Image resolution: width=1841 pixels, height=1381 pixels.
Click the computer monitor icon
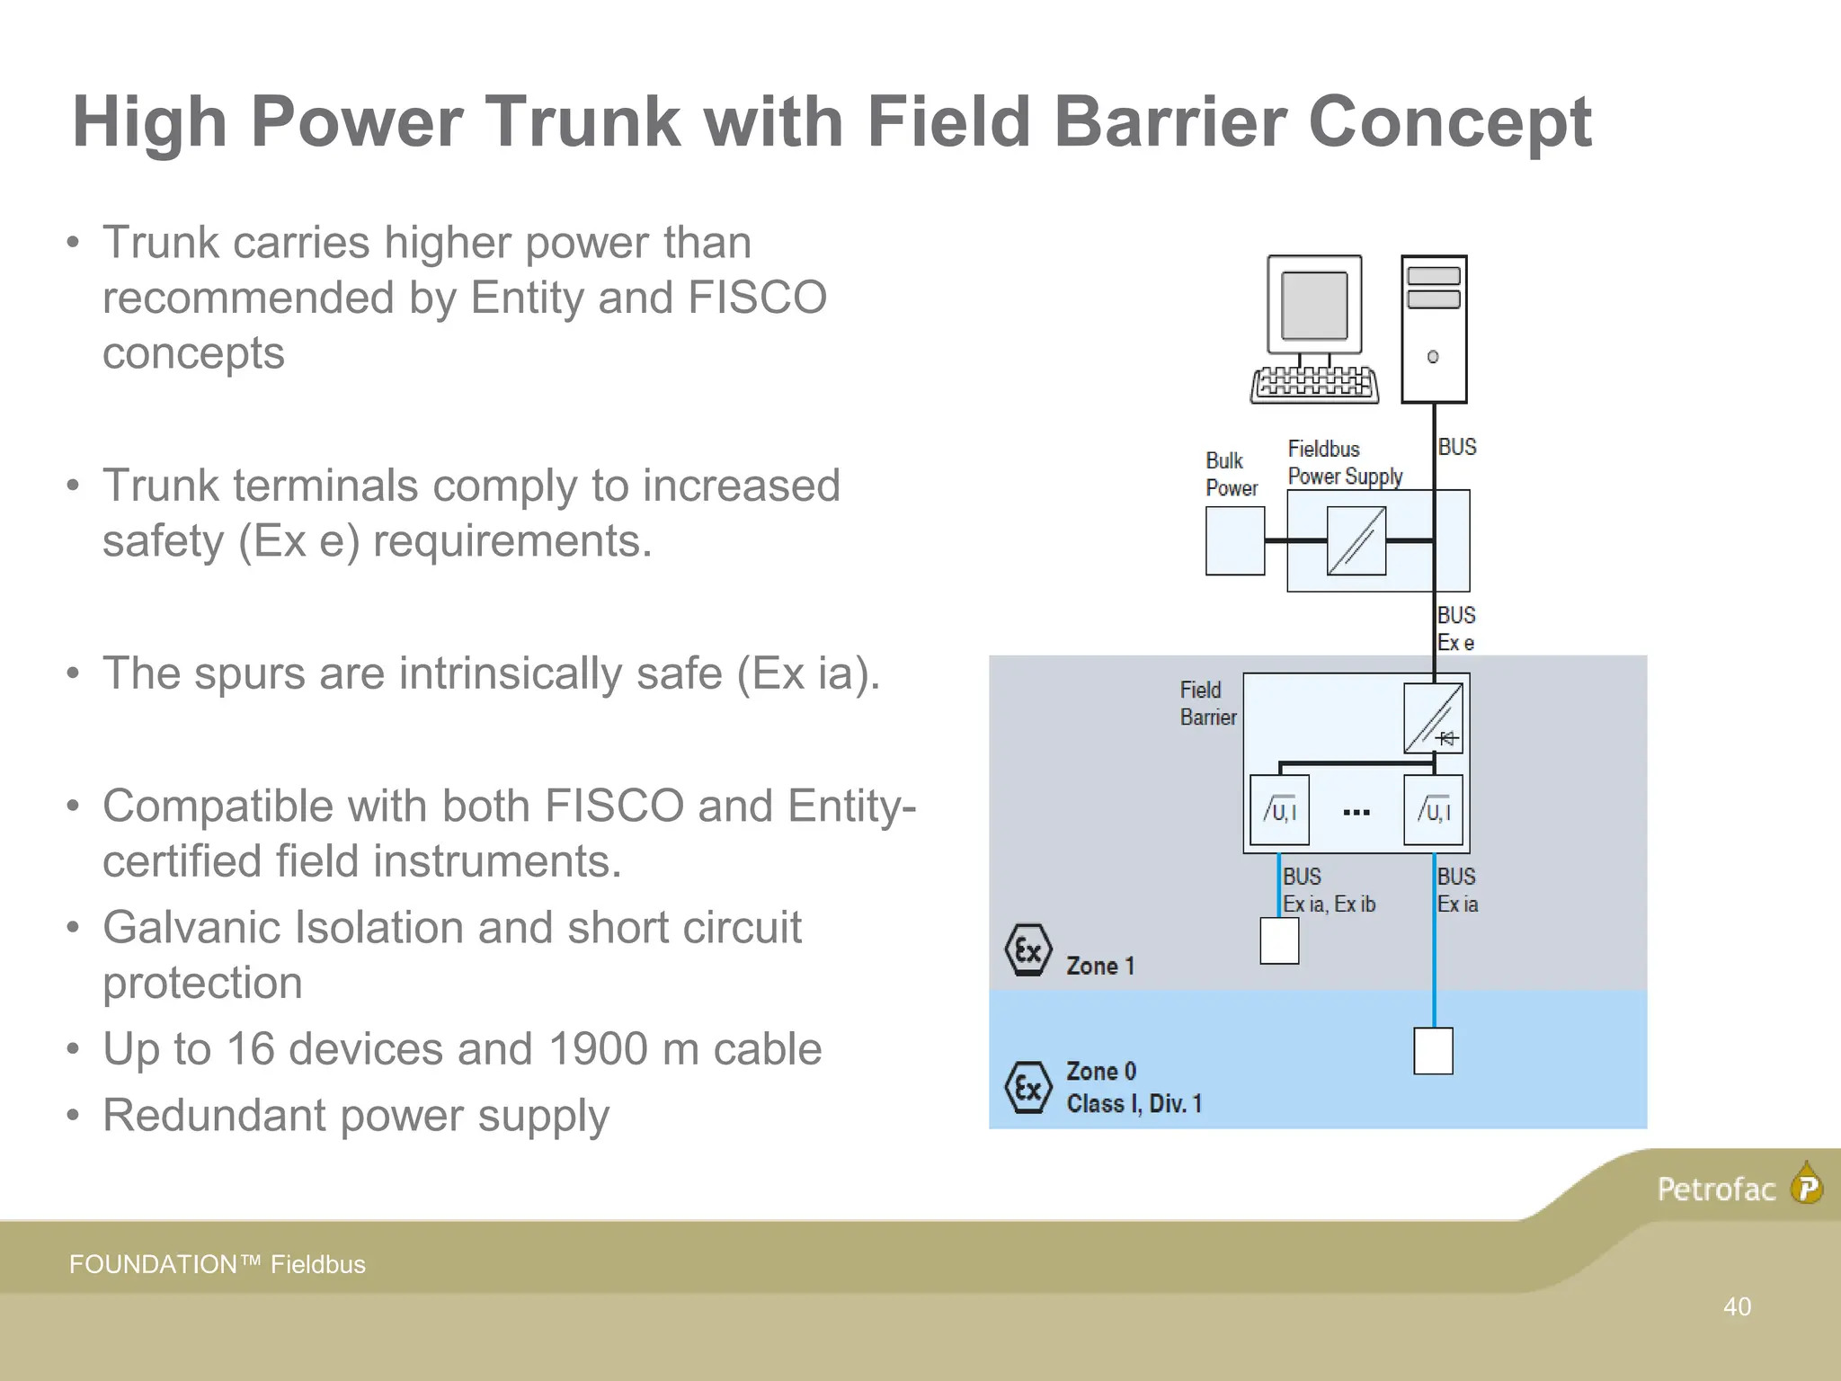click(1314, 306)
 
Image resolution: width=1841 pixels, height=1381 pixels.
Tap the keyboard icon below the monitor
click(1314, 384)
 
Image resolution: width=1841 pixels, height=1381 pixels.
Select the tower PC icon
click(1434, 329)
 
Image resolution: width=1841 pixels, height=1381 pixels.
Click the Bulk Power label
click(1231, 474)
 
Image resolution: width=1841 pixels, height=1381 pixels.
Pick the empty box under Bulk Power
click(1234, 541)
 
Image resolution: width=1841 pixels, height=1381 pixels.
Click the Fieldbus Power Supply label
click(1344, 462)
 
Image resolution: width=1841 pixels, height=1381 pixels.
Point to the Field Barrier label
click(1207, 703)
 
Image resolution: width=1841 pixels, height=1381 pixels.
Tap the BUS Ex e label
click(1455, 628)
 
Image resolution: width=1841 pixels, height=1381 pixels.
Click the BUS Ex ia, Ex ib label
click(1328, 890)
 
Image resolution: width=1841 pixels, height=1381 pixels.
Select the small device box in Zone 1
click(1278, 940)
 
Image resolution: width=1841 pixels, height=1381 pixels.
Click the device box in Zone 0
click(1433, 1051)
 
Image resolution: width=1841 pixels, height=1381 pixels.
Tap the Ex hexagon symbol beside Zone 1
click(1027, 950)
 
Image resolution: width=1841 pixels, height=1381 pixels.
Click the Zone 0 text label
click(1101, 1072)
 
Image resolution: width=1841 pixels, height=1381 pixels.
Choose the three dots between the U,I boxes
click(1356, 813)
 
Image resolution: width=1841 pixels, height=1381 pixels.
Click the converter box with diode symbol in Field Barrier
click(1433, 718)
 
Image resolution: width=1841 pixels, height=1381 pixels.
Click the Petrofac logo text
click(1716, 1189)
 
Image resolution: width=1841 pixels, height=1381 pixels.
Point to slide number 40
click(1737, 1306)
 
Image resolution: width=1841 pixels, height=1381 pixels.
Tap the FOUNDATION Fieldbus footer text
click(218, 1264)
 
